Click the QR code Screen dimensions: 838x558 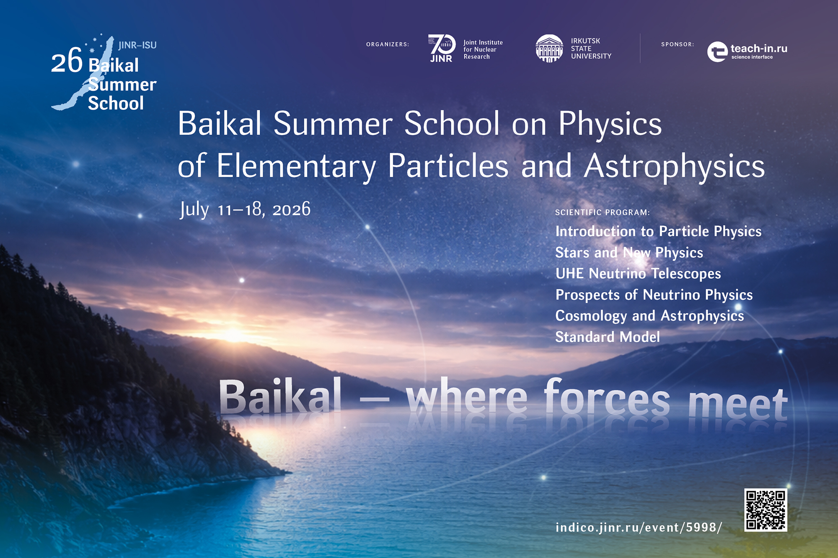click(x=766, y=510)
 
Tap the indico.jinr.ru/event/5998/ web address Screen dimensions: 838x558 click(x=639, y=527)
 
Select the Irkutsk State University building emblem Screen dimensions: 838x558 click(x=549, y=49)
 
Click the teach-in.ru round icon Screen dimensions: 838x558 click(x=717, y=52)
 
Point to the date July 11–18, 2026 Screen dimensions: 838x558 click(x=245, y=209)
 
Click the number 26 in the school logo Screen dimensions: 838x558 click(x=67, y=61)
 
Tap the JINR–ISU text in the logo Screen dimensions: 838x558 click(x=137, y=45)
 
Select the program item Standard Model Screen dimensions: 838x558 click(x=608, y=337)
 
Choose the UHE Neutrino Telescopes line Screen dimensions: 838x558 click(x=638, y=274)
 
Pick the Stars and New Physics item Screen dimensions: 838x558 click(x=629, y=253)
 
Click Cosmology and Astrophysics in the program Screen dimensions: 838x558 click(x=650, y=316)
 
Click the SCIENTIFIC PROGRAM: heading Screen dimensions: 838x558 click(x=603, y=212)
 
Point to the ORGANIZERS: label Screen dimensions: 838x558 click(x=388, y=44)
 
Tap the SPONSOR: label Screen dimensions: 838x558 click(x=678, y=44)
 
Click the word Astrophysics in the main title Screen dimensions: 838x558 click(x=675, y=166)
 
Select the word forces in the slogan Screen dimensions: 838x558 click(x=607, y=397)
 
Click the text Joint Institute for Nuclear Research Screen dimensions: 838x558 click(x=483, y=49)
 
